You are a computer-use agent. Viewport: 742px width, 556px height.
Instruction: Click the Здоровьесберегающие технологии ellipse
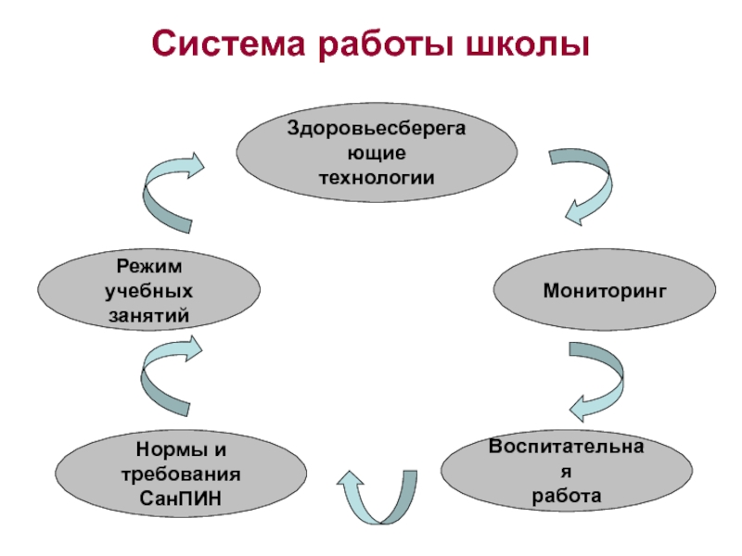[377, 152]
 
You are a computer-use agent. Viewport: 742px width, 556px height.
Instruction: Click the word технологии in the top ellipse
[377, 176]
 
